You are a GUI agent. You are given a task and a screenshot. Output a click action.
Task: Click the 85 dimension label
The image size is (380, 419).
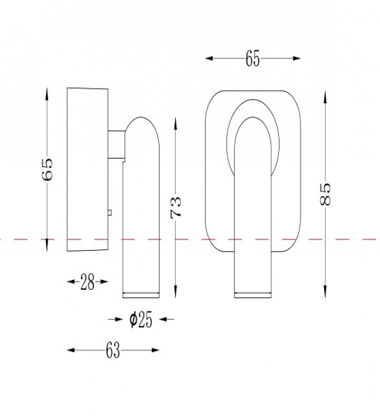pos(325,193)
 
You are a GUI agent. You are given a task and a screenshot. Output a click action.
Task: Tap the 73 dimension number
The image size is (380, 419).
pos(176,207)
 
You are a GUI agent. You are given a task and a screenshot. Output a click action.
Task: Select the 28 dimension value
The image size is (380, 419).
pos(87,282)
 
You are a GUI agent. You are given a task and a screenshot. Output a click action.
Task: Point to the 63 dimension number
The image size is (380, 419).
pos(113,351)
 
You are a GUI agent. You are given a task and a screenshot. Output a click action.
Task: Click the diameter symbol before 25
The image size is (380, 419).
pos(133,319)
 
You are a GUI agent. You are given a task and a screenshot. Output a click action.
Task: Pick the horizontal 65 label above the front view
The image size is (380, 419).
pos(252,59)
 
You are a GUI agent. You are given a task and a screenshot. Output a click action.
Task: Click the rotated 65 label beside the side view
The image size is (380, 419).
pos(47,170)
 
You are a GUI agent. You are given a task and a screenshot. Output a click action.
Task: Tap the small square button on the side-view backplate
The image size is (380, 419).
pos(109,213)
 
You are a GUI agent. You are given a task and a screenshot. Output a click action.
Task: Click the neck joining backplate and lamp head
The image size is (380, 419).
pos(116,145)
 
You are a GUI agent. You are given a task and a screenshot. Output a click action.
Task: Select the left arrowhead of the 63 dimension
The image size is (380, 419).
pos(70,350)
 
